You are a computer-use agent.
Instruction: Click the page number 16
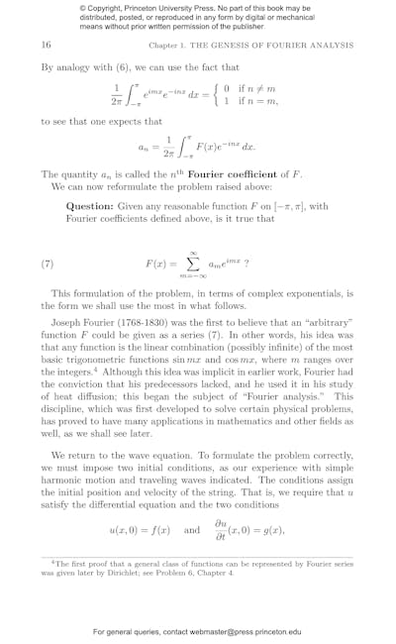click(47, 46)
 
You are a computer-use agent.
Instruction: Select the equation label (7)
click(47, 265)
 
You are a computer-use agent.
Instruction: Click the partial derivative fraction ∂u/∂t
click(219, 529)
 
